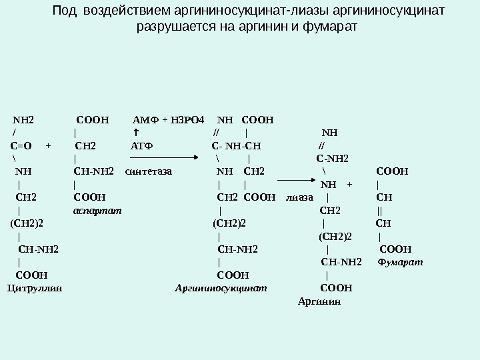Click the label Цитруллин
point(35,289)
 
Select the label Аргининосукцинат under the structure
point(221,289)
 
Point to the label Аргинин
point(319,301)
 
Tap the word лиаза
point(300,197)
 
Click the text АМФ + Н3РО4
point(169,121)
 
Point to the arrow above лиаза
point(299,179)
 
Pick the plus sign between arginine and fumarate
point(349,185)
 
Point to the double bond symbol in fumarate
point(379,211)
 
